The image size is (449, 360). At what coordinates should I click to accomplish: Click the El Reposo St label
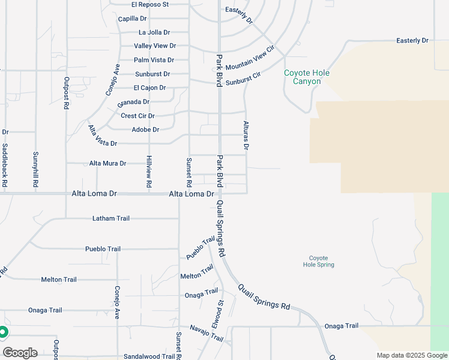(151, 4)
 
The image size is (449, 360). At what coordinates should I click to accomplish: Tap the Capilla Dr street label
(133, 19)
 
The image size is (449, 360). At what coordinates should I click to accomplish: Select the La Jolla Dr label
(154, 32)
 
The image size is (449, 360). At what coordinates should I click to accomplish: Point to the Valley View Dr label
(155, 46)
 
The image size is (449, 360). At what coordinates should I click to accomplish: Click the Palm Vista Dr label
(154, 60)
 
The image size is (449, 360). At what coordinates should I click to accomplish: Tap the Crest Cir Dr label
(138, 116)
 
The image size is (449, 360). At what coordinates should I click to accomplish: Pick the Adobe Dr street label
(145, 130)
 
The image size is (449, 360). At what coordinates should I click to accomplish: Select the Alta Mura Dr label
(107, 163)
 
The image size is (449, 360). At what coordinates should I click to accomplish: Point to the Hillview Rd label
(149, 170)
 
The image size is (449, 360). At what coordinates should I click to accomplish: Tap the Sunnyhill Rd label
(36, 170)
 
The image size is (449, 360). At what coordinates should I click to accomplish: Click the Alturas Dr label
(246, 135)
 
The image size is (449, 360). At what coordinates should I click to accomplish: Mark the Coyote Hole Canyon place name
(307, 77)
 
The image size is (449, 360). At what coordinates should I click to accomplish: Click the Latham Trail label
(111, 218)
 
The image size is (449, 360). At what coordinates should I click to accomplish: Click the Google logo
(19, 352)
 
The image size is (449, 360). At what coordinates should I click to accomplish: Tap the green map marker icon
(3, 332)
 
